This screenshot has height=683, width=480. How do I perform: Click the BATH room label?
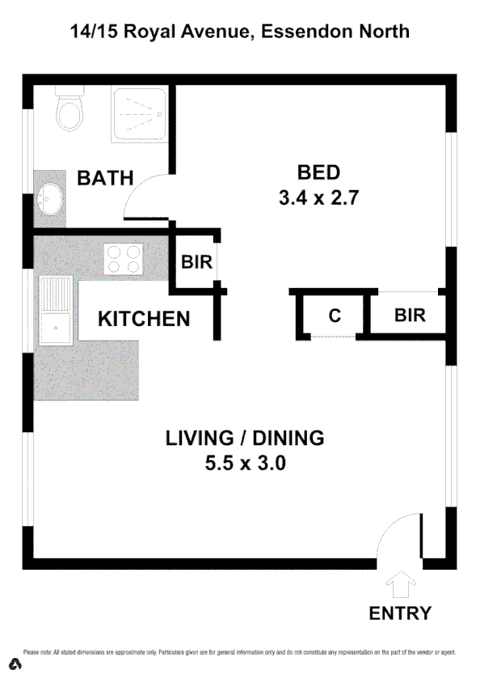click(x=105, y=178)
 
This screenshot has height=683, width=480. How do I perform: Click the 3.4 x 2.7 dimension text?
click(x=318, y=198)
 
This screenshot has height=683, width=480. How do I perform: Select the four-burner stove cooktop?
click(x=124, y=259)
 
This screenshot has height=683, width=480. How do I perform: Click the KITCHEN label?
click(x=144, y=319)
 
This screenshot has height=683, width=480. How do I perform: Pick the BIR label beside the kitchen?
click(x=196, y=262)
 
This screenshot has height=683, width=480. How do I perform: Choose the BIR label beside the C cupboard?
click(x=410, y=315)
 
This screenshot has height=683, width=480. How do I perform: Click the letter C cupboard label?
click(x=335, y=316)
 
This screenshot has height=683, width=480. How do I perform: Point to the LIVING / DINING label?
click(x=245, y=439)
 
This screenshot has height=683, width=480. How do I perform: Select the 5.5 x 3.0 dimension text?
click(x=246, y=465)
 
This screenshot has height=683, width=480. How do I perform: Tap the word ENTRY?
click(x=400, y=613)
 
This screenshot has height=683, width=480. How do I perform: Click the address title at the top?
click(x=239, y=32)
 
